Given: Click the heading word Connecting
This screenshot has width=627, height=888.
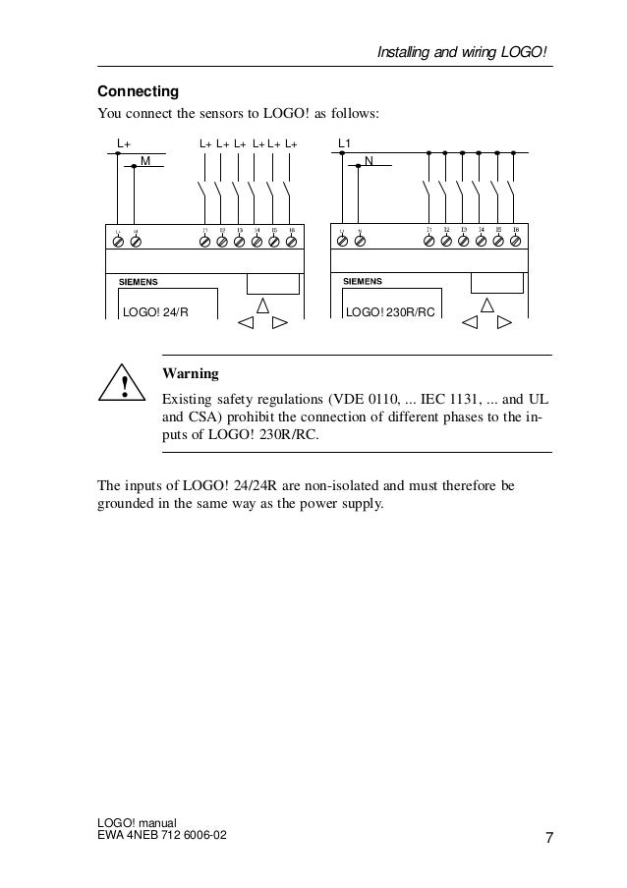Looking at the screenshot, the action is pos(138,91).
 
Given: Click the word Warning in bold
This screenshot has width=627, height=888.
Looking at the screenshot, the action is pos(190,374).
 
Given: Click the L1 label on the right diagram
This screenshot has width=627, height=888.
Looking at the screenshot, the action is pos(345,143).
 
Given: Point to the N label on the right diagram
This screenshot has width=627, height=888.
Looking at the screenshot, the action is pos(369,159).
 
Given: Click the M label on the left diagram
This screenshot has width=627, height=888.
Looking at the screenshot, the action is pos(144,159).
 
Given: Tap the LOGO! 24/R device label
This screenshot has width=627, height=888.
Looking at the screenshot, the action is pos(155,312).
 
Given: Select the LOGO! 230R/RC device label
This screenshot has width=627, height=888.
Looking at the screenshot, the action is pos(388,312).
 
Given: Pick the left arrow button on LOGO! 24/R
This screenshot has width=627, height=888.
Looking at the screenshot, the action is pos(246,322).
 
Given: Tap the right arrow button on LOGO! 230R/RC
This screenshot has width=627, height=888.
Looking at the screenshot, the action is pos(504,322).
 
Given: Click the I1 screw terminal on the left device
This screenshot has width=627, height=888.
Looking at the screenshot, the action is pos(205,239).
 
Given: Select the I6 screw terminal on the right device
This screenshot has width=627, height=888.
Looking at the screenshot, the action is pos(515,238).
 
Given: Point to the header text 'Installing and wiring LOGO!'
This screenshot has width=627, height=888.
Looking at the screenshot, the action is pos(463,50).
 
